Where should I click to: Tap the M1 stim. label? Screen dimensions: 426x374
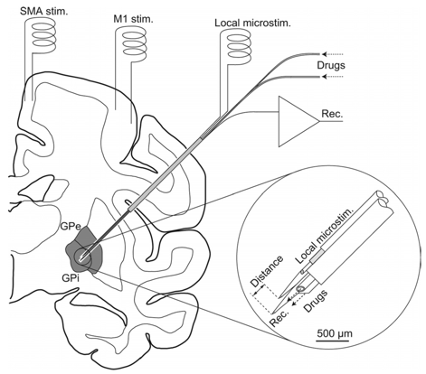click(133, 20)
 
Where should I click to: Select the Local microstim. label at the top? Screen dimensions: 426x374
click(252, 23)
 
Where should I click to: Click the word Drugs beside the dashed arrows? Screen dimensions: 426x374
click(331, 65)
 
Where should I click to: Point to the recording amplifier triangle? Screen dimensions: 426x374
click(297, 121)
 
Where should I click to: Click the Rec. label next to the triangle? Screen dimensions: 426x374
click(332, 114)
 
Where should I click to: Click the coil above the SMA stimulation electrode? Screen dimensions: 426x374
click(43, 34)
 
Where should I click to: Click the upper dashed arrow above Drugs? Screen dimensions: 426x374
click(332, 54)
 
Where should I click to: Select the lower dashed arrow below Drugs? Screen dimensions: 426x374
click(332, 77)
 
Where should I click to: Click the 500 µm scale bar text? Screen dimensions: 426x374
click(335, 333)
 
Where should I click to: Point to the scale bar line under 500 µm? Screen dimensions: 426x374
click(332, 341)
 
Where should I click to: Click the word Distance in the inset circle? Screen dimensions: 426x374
click(267, 271)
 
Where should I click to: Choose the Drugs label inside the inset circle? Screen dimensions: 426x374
click(316, 301)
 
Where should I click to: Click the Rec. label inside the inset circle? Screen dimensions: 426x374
click(279, 318)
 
